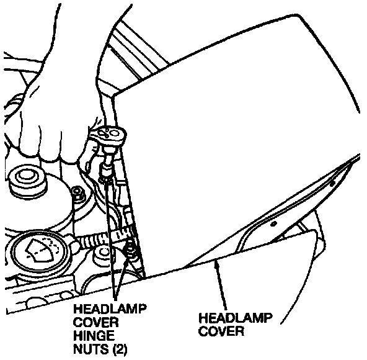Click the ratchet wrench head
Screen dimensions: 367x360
click(x=108, y=135)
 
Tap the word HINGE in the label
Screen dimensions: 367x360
click(x=94, y=336)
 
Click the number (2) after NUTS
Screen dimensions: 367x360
click(x=120, y=349)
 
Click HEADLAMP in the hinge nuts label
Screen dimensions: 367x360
click(x=110, y=309)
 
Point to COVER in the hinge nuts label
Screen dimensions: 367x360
click(x=95, y=322)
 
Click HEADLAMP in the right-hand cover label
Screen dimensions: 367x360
click(x=236, y=318)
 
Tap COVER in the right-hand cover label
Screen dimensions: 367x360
click(x=221, y=331)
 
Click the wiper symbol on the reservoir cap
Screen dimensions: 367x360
click(x=41, y=250)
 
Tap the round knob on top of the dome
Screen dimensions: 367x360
click(x=26, y=180)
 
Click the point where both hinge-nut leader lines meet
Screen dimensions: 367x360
click(x=115, y=299)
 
